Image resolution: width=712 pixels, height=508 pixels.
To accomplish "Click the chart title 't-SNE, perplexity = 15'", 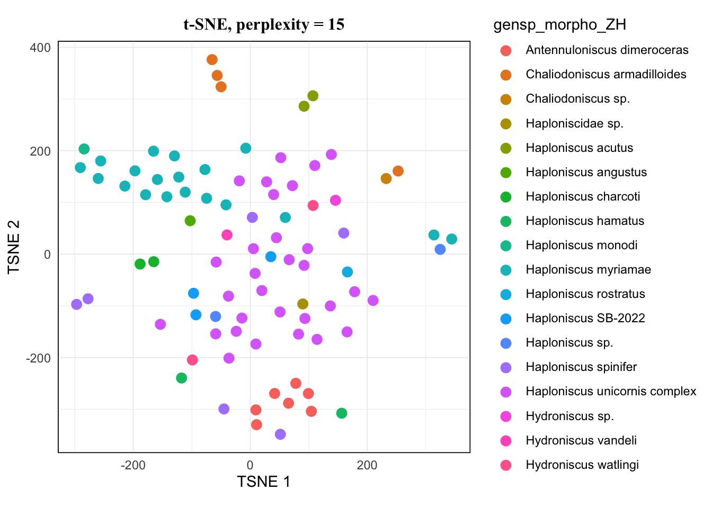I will point(264,24).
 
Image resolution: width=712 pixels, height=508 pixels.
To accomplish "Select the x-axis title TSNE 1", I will point(264,482).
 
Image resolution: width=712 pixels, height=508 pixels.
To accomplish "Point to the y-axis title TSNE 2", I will point(14,247).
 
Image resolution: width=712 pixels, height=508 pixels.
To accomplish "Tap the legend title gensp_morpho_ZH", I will point(559,25).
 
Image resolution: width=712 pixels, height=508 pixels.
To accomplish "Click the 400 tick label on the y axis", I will point(40,48).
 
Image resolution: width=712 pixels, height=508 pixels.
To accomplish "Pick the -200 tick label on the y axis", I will point(38,358).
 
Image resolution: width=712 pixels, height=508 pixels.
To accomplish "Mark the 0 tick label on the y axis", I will point(48,255).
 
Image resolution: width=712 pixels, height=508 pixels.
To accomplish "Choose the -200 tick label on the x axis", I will point(133,466).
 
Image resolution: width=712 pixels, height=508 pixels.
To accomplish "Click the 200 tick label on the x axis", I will point(367,466).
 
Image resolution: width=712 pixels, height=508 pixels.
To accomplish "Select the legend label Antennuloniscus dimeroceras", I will point(607,50).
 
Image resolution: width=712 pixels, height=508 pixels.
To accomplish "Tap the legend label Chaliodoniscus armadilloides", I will point(606,75).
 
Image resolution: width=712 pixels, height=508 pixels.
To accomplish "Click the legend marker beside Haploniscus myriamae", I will point(506,270).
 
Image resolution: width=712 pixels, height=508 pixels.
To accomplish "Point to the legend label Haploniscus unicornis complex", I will point(611,392).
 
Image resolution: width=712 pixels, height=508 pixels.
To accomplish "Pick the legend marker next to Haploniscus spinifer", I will point(506,367).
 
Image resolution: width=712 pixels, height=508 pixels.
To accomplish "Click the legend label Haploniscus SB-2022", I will point(585,319).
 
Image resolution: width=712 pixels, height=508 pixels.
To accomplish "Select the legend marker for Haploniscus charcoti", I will point(506,197).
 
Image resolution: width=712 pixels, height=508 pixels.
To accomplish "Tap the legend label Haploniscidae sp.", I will point(574,124).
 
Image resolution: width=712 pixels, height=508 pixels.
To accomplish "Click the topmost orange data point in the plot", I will point(212,60).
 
